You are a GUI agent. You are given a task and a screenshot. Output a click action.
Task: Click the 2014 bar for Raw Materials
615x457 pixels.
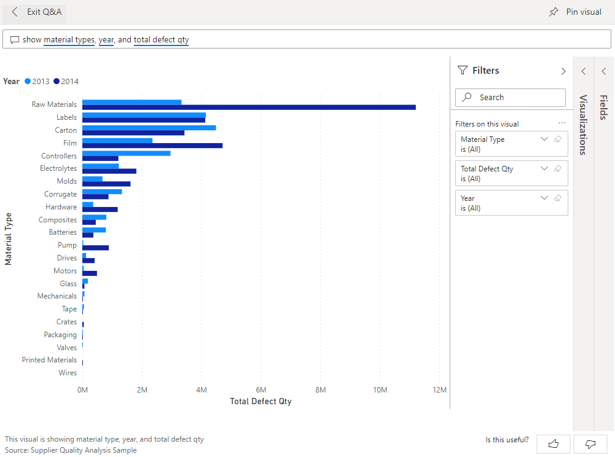(x=249, y=107)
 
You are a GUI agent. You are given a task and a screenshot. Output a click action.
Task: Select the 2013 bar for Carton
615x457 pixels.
(x=149, y=128)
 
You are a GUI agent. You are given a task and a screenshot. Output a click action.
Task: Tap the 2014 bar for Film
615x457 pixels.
(x=152, y=146)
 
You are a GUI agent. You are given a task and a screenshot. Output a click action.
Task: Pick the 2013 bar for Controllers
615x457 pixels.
(x=126, y=153)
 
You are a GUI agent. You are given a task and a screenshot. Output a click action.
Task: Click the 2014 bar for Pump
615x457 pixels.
(x=95, y=248)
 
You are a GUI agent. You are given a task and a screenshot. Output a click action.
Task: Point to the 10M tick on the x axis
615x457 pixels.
(x=380, y=390)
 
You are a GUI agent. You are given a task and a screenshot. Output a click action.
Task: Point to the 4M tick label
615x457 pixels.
(x=201, y=390)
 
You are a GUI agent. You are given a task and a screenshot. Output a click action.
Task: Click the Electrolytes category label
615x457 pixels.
(x=58, y=168)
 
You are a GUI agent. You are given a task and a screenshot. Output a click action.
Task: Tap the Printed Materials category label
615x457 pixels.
(x=49, y=360)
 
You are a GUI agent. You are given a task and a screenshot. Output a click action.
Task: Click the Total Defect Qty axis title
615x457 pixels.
(x=260, y=402)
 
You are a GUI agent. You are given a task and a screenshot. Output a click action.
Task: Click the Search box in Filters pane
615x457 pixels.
(x=510, y=98)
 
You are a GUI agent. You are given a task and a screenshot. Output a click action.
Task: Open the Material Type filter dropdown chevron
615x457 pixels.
(x=544, y=139)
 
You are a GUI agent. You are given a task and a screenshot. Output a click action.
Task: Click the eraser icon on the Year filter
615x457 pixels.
(x=558, y=198)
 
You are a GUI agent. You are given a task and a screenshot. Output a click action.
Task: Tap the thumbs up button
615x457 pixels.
(x=553, y=443)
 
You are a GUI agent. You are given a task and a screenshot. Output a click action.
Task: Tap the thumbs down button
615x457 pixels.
(x=590, y=443)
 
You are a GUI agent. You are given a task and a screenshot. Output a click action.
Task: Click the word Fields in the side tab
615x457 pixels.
(x=603, y=107)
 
